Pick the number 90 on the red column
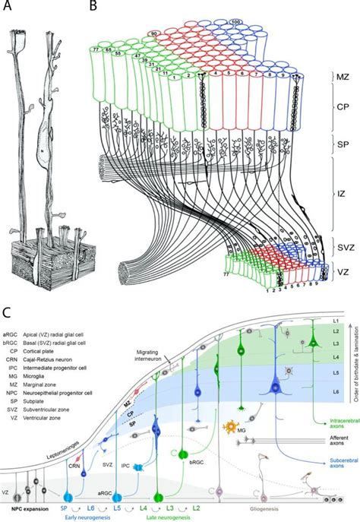[155, 35]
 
